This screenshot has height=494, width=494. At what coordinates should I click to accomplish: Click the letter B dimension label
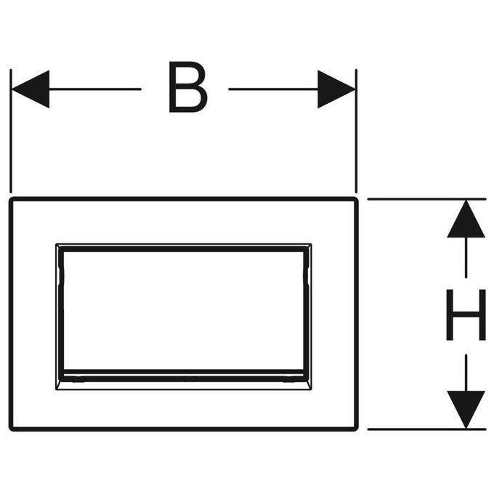(187, 87)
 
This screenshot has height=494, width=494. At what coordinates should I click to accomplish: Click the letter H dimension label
(466, 315)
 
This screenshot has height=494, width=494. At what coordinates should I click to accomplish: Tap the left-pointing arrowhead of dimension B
(31, 89)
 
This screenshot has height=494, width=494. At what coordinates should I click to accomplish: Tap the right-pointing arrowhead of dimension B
(336, 89)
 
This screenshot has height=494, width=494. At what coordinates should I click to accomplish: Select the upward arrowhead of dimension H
(466, 219)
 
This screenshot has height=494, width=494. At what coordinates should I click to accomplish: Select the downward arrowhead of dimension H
(466, 410)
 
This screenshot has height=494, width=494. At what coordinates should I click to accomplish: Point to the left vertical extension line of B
(11, 131)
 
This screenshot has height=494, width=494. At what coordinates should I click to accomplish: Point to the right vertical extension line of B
(356, 131)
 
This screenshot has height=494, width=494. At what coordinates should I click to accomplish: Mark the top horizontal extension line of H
(426, 199)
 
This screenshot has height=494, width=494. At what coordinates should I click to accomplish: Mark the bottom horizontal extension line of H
(426, 429)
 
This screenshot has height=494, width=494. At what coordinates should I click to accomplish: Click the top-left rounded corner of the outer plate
(12, 200)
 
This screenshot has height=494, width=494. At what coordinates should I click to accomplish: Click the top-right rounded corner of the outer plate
(356, 200)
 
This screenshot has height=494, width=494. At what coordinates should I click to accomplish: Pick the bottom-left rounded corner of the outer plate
(12, 429)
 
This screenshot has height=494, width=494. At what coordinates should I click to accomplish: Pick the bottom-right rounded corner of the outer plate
(356, 429)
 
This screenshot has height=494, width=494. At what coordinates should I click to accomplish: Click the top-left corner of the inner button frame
(57, 244)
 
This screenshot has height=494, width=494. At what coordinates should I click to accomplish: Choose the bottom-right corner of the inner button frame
(311, 389)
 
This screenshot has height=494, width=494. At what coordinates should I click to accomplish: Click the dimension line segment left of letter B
(95, 89)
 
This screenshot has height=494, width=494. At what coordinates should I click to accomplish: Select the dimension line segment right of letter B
(273, 89)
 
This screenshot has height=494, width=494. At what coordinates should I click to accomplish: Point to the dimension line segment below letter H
(466, 373)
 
